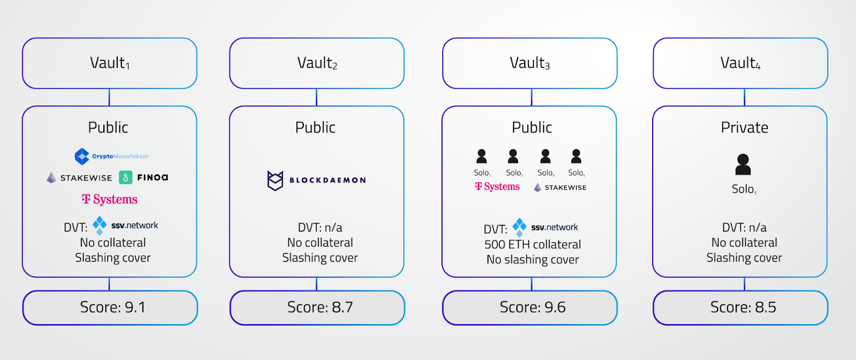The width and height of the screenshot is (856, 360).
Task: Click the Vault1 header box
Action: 110,63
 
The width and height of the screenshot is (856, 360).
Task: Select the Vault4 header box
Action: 740,63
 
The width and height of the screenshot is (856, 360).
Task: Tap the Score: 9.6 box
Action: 530,308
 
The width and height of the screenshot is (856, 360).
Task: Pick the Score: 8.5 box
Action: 740,308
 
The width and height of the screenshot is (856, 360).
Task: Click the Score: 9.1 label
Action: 112,308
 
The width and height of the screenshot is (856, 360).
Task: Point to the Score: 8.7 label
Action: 320,308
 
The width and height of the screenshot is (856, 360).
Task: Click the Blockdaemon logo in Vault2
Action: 317,180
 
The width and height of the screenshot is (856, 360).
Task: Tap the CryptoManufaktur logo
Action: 111,156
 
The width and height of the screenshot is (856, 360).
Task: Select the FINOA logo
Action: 144,178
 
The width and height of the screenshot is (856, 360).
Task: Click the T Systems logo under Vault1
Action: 110,200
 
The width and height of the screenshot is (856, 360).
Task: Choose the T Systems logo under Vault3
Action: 498,187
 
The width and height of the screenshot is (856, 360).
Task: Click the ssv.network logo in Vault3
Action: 546,227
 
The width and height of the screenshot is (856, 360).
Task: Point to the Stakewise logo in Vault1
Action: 79,178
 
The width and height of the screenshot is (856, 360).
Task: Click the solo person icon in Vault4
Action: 743,165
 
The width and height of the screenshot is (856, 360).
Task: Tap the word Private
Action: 744,128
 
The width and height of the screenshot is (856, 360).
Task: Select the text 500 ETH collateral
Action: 532,244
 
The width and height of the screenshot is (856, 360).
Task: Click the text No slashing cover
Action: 532,260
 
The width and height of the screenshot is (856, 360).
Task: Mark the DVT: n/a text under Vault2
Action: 320,227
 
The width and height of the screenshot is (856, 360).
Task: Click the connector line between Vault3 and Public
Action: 531,97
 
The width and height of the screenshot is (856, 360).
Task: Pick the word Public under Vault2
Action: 316,128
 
